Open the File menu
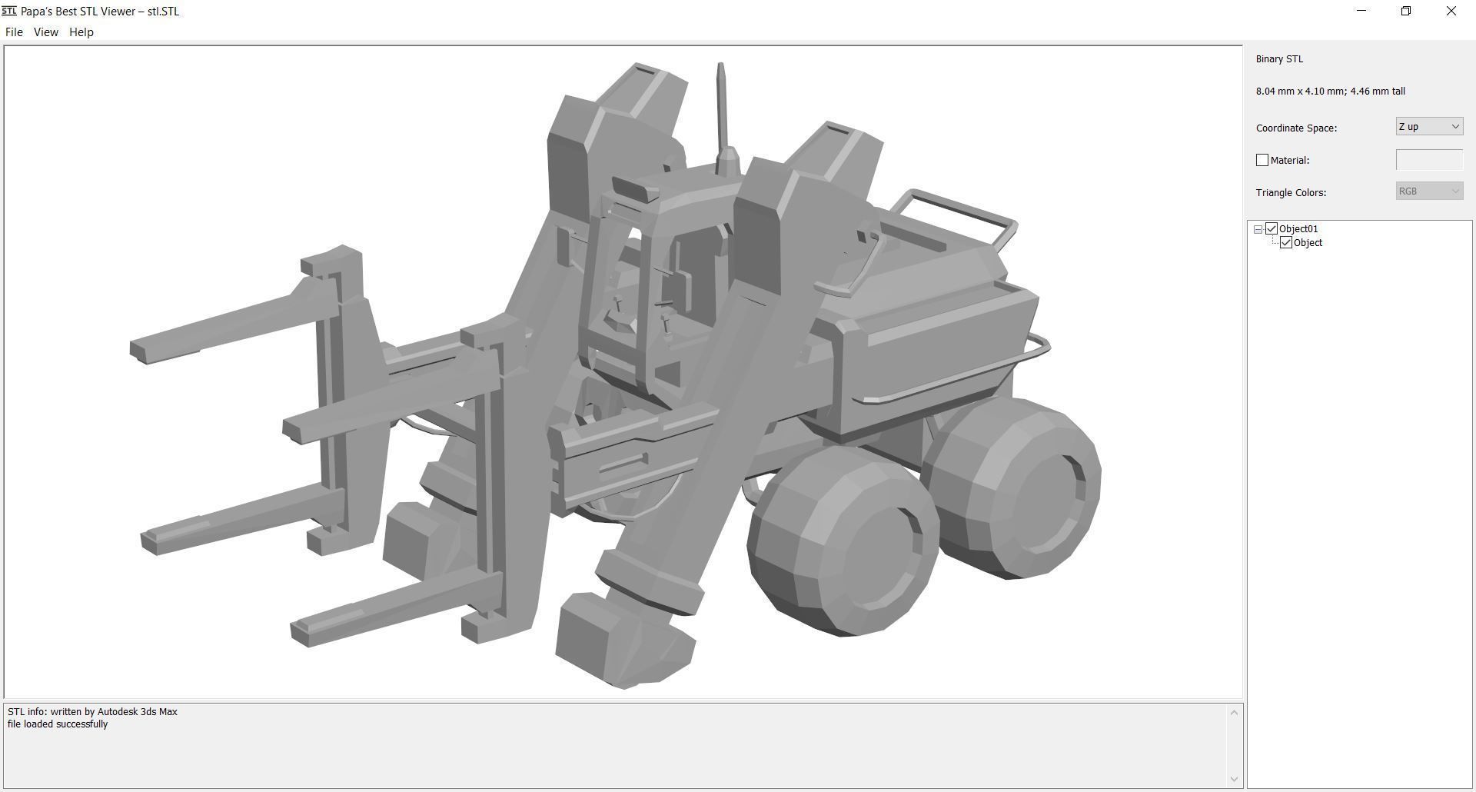point(14,32)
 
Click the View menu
point(45,32)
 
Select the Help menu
point(81,32)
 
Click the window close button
point(1451,12)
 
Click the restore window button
point(1405,12)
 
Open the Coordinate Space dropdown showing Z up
point(1428,127)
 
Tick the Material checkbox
point(1262,160)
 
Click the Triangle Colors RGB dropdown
point(1428,191)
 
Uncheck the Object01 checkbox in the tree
point(1272,229)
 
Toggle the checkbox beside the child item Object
point(1286,243)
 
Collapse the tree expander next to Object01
point(1258,229)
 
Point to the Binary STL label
point(1279,59)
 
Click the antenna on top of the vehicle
point(721,108)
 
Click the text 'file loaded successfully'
point(58,724)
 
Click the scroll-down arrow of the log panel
point(1234,779)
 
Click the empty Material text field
point(1428,160)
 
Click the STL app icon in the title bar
point(9,12)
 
